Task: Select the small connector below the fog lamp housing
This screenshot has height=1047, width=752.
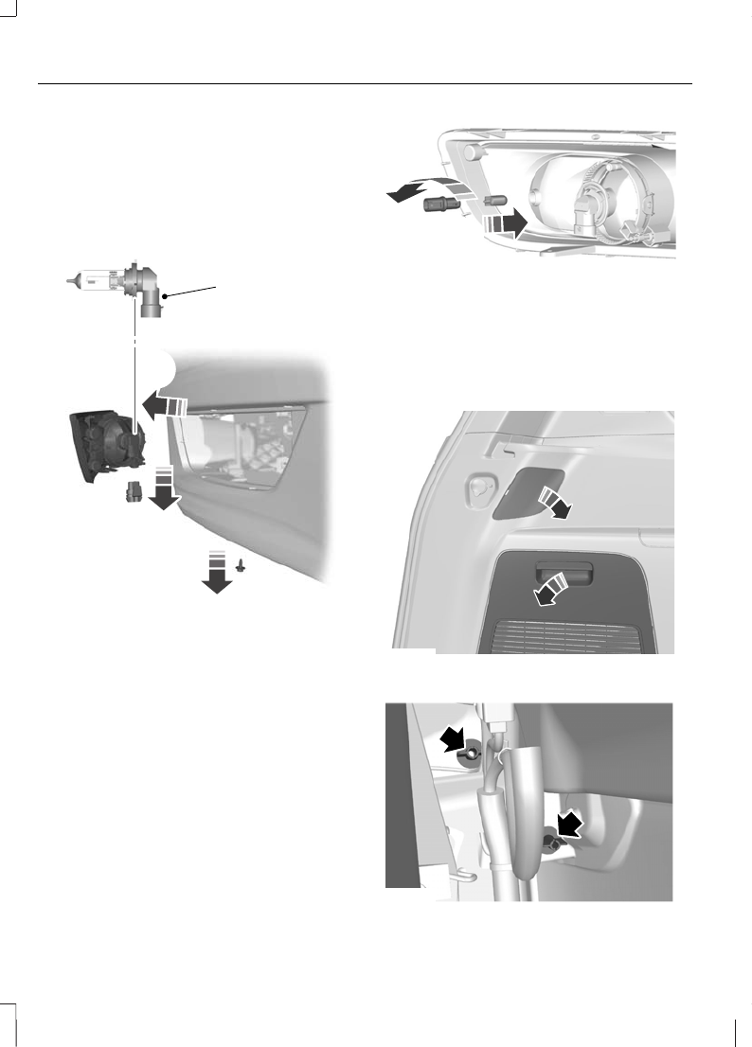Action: click(x=134, y=492)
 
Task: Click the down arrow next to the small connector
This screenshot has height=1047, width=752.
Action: click(x=164, y=486)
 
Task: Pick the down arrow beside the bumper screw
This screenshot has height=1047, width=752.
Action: click(x=217, y=573)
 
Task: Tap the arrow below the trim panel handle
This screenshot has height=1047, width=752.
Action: click(x=551, y=590)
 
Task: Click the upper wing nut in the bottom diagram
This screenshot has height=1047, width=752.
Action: click(x=469, y=755)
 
